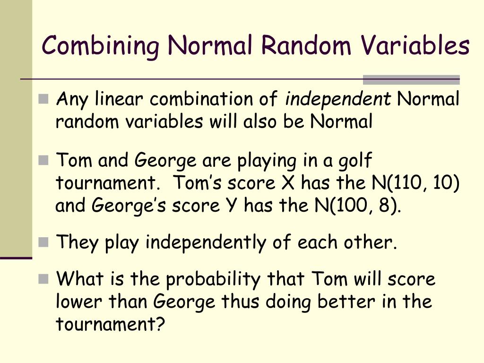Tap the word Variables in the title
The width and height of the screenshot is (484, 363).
[x=415, y=45]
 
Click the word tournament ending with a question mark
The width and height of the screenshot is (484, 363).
[x=110, y=324]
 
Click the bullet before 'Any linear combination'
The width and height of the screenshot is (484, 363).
[x=44, y=100]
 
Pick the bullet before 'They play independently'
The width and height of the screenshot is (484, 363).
[x=44, y=243]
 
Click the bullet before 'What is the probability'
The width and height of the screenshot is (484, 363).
[x=44, y=279]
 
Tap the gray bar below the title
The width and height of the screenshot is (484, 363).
[x=411, y=80]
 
